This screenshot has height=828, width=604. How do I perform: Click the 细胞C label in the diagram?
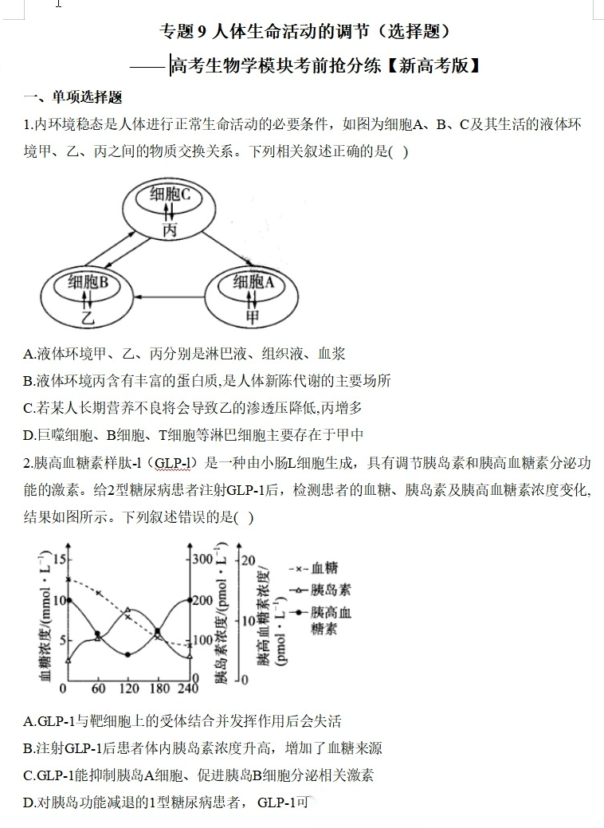point(169,194)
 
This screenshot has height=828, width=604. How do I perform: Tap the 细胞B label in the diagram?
point(88,281)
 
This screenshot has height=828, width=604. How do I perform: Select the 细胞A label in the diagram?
point(253,281)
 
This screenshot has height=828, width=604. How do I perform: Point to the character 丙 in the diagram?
point(170,230)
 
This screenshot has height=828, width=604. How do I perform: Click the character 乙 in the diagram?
point(88,317)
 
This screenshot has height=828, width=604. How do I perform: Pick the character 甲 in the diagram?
point(253,317)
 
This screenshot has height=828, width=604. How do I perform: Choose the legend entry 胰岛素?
point(330,591)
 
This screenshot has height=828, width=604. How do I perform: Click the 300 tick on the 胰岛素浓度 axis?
point(204,559)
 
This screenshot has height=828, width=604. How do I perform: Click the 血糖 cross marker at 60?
point(98,593)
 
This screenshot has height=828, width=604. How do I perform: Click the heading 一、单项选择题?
point(73,98)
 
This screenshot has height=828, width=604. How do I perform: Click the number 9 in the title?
point(202,32)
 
